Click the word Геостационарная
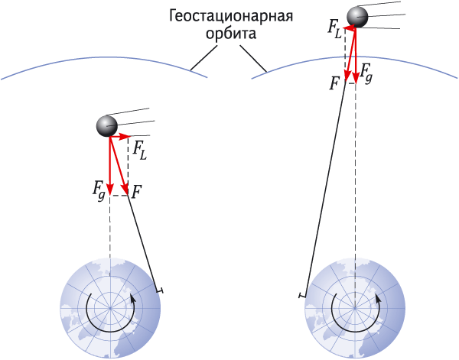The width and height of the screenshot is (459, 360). (x=231, y=16)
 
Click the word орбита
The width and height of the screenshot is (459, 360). (x=231, y=34)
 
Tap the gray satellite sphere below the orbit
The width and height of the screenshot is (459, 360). (x=107, y=126)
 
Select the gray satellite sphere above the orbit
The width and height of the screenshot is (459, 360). (x=357, y=18)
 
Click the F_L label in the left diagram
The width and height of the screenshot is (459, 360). (x=140, y=151)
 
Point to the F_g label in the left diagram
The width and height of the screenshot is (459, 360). (x=99, y=192)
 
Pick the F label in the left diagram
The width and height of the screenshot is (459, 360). (x=137, y=193)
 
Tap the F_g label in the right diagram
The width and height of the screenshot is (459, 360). (x=366, y=73)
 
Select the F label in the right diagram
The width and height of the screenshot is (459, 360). (x=334, y=83)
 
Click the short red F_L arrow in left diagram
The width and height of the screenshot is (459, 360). (x=119, y=136)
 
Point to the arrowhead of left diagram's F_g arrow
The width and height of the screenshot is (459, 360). (x=109, y=190)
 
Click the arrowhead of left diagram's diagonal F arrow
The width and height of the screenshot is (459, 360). (x=125, y=190)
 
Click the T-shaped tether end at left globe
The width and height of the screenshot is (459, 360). (x=160, y=290)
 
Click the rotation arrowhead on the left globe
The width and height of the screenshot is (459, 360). (x=133, y=298)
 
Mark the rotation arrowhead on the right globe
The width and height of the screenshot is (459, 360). (x=378, y=298)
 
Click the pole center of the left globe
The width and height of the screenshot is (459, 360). (x=110, y=308)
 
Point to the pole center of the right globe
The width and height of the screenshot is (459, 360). (x=355, y=308)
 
